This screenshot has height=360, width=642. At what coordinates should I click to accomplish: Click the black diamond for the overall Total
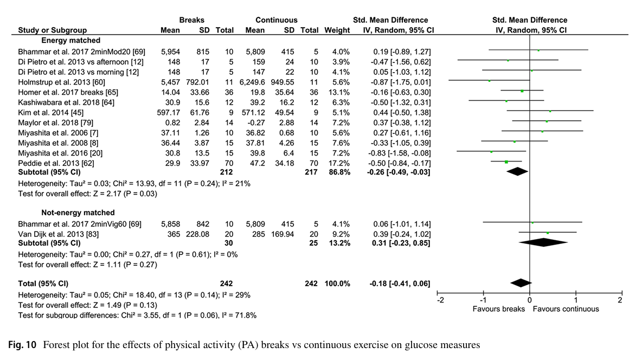(x=521, y=283)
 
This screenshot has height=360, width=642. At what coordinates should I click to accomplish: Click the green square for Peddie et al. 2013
(x=506, y=162)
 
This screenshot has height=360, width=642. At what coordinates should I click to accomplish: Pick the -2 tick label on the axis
(x=440, y=300)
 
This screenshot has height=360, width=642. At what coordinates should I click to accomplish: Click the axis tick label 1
(x=576, y=300)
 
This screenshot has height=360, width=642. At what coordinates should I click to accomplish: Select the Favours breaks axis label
(x=498, y=309)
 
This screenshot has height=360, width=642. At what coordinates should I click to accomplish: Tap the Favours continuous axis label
(x=566, y=309)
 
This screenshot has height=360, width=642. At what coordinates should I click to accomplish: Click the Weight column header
(x=337, y=30)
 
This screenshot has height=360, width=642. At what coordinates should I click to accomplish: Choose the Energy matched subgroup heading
(x=71, y=41)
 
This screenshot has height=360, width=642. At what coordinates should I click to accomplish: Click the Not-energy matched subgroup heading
(x=78, y=213)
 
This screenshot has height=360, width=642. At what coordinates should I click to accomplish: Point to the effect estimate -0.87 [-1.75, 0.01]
(x=399, y=82)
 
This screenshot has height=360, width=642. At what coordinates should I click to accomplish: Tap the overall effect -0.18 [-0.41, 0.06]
(x=399, y=283)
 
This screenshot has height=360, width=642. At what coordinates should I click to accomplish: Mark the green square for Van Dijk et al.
(x=548, y=233)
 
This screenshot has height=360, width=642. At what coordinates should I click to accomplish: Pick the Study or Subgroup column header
(x=52, y=30)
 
